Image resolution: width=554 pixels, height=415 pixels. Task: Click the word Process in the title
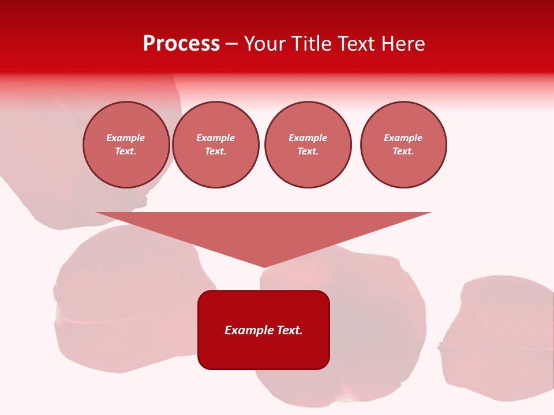point(181,44)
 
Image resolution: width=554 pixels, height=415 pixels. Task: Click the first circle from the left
point(126,145)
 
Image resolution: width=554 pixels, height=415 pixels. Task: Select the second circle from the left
point(216,145)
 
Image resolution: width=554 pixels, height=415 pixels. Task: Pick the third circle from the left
point(308,145)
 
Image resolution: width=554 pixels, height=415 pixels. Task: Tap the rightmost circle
point(403,145)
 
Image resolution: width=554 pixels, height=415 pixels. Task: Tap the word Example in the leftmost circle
point(126,138)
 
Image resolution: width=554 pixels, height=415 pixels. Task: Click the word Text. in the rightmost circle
point(403,152)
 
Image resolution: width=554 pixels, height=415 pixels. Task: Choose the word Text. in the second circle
point(216,152)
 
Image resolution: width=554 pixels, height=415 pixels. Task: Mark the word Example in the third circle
point(308,138)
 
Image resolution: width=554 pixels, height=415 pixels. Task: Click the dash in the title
point(232,44)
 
